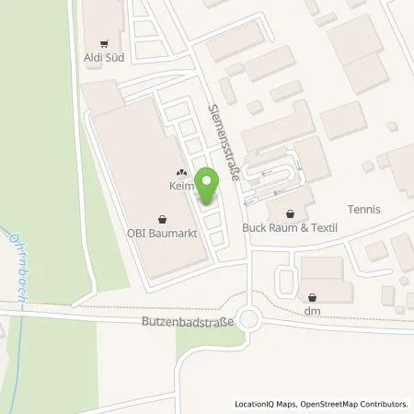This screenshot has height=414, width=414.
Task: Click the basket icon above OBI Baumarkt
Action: coord(163,219)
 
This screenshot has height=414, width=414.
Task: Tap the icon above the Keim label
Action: coord(179,171)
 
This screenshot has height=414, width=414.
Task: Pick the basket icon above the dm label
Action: coord(314,297)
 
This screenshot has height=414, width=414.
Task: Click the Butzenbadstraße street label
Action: coord(185,323)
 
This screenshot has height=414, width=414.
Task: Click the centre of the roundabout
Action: coord(248,319)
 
